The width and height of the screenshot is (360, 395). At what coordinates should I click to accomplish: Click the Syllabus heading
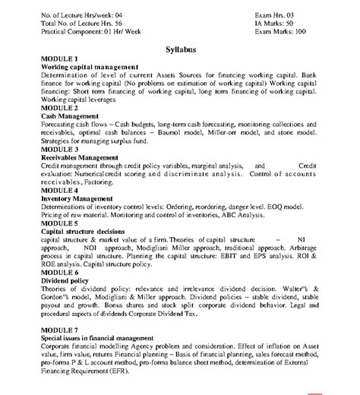[181, 49]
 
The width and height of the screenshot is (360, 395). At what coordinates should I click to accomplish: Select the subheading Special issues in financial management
[99, 337]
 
